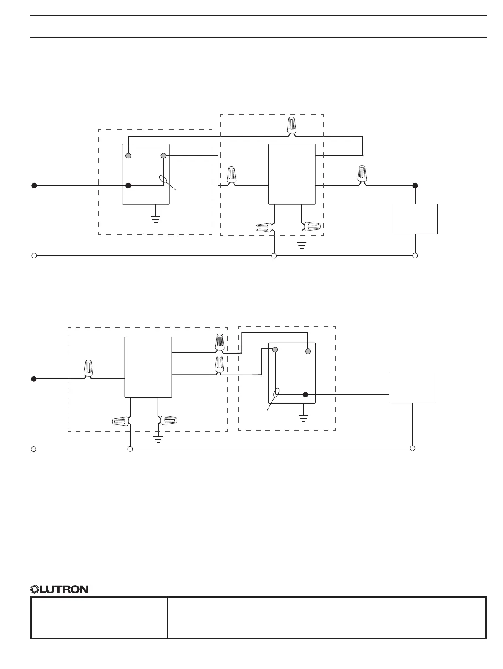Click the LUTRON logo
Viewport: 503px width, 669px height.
pos(60,589)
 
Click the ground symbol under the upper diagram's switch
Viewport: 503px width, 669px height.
pos(156,219)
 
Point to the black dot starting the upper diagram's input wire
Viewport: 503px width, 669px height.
pos(34,185)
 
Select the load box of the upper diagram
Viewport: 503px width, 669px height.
pos(414,219)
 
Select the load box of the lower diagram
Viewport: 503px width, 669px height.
pos(412,388)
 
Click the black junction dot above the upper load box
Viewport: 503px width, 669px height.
pos(415,185)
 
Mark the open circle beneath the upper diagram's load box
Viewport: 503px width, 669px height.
pos(415,256)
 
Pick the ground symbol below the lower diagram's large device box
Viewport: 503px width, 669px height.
pos(158,439)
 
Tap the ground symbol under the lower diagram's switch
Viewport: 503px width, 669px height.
pos(303,418)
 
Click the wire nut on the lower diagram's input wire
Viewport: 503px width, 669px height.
pos(88,368)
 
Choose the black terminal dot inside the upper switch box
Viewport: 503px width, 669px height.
pos(129,185)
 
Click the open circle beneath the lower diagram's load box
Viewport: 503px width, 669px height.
pos(413,448)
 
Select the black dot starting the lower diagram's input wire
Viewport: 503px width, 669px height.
pos(34,379)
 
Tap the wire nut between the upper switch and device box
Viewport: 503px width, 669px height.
pos(231,175)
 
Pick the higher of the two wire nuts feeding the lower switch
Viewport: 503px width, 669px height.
pos(219,342)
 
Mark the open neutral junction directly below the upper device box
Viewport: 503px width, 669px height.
pos(274,256)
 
